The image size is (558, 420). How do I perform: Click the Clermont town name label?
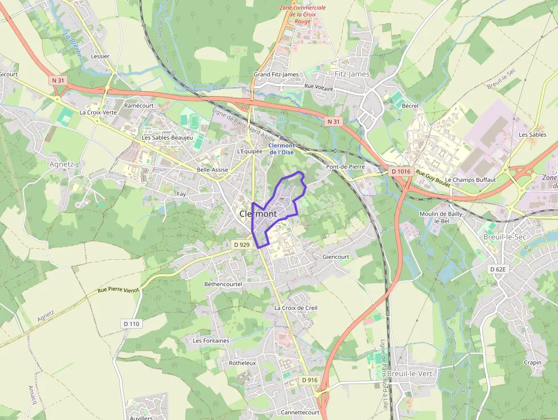(258, 214)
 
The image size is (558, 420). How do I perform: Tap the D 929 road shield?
(242, 244)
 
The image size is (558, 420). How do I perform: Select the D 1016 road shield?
(401, 171)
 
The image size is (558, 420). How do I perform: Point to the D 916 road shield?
(310, 380)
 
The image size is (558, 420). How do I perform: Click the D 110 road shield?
(131, 324)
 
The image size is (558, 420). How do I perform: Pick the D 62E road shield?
(497, 268)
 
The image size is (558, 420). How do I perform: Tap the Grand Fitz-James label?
(276, 75)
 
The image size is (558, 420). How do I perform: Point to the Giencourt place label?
(335, 256)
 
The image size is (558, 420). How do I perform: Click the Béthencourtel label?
(223, 284)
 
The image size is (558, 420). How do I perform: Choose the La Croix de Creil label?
(296, 308)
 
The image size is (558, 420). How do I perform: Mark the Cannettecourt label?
(300, 412)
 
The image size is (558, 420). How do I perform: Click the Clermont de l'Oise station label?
(282, 149)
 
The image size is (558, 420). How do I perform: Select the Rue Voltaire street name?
(319, 86)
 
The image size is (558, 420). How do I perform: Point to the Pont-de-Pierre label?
(345, 166)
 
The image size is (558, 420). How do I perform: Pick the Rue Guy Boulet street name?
(433, 178)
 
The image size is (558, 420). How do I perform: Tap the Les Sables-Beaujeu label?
(167, 138)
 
